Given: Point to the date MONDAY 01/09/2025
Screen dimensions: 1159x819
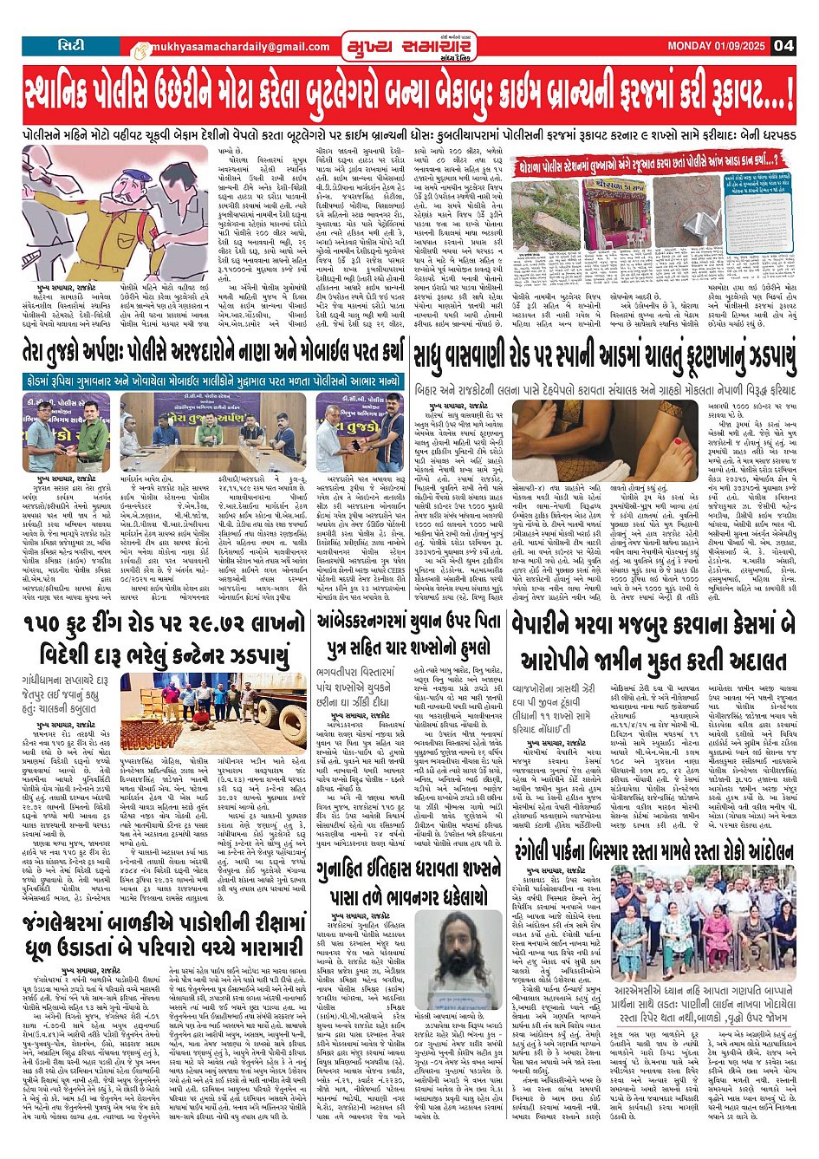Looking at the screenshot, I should click(x=716, y=45).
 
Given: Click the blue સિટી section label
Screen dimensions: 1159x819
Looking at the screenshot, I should click(x=72, y=45).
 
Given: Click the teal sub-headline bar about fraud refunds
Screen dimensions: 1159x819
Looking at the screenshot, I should click(x=213, y=381).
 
